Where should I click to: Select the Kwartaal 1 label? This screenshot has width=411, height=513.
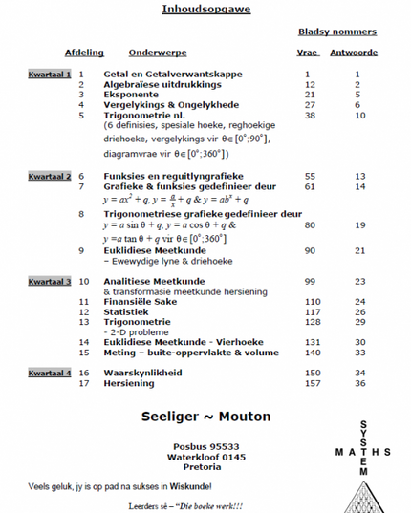click(50, 74)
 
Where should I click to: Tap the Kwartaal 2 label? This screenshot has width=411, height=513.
click(50, 177)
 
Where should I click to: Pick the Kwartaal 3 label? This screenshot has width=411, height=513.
click(50, 282)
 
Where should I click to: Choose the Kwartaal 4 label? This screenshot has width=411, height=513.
click(50, 372)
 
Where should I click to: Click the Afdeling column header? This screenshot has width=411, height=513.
click(84, 53)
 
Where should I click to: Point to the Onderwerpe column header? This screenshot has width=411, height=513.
click(158, 53)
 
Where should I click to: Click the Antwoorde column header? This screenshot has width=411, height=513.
click(354, 53)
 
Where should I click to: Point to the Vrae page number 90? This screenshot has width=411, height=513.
click(309, 250)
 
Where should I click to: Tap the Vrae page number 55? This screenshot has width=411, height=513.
click(309, 177)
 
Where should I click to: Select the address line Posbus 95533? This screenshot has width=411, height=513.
click(205, 446)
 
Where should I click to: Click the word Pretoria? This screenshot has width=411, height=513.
click(205, 467)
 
